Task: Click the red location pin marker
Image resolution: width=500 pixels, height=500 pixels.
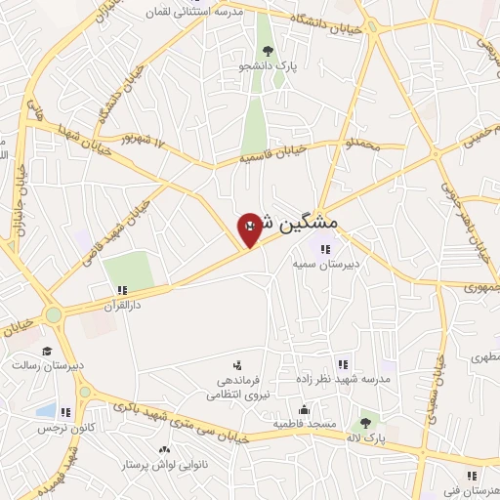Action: pos(250,229)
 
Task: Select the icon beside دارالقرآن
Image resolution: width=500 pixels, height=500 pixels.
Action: pos(123,290)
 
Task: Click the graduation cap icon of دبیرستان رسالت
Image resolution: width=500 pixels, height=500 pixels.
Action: pos(47,351)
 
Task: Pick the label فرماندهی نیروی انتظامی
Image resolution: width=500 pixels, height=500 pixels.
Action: pos(232,389)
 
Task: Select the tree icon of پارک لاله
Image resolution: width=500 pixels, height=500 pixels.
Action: pos(365,423)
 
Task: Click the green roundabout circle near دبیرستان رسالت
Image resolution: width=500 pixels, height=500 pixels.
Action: pos(53,314)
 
